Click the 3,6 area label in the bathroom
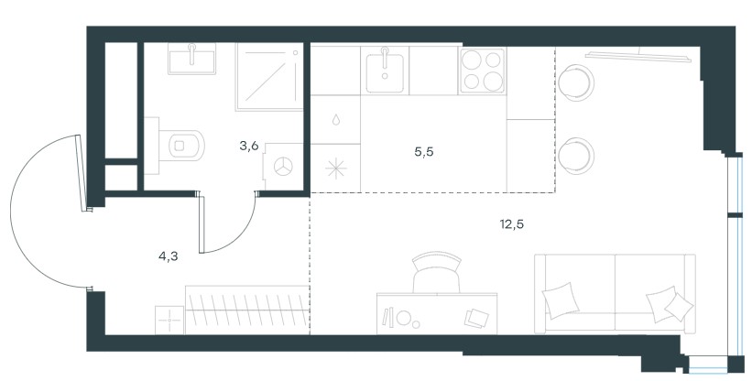249,147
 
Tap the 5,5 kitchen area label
424,152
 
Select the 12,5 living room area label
512,223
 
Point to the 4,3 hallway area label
169,256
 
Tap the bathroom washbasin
191,59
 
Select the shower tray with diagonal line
269,77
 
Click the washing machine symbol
283,167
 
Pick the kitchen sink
385,72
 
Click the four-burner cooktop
483,71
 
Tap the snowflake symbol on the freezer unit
335,169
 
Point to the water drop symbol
336,119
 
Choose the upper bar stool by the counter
576,83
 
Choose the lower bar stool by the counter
576,157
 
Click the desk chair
436,273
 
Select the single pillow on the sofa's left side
561,300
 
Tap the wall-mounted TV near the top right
638,56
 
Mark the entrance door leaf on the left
82,173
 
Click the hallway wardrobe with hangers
246,310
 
